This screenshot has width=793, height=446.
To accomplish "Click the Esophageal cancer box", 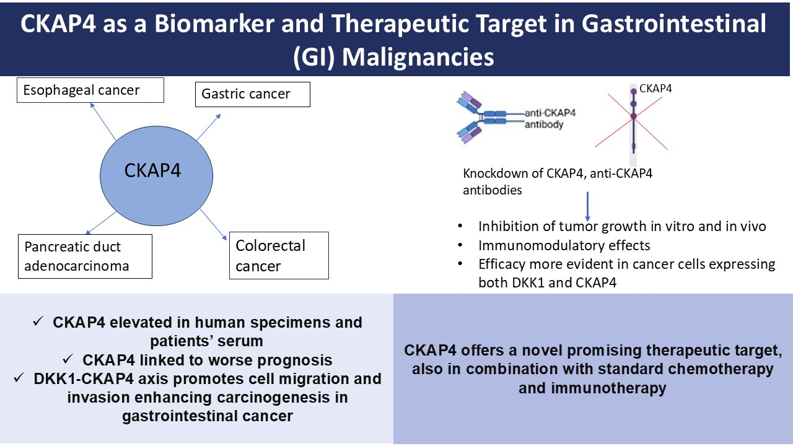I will [90, 90].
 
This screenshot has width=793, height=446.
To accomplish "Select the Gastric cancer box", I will [252, 95].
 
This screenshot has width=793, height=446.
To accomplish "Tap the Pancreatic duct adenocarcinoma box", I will [85, 256].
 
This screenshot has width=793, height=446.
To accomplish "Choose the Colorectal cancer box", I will [279, 255].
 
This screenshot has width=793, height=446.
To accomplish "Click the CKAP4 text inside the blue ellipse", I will [152, 170].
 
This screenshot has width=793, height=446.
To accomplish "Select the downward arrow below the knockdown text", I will [587, 204].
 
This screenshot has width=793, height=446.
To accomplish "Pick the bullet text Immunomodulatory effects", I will [564, 245].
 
